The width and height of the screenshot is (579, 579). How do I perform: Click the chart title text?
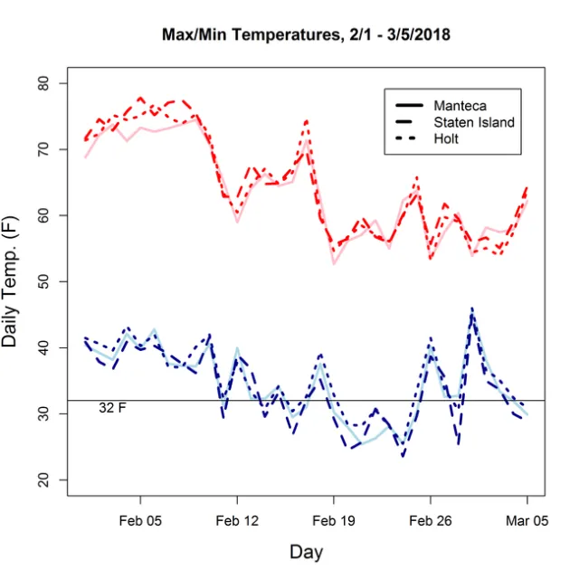[306, 35]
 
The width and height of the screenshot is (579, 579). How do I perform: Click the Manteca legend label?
[460, 106]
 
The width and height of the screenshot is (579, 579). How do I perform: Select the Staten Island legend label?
[474, 122]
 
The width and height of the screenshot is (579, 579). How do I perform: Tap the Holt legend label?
[446, 138]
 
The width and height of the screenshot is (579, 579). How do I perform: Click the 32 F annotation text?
[112, 409]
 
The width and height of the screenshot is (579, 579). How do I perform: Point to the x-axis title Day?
[306, 551]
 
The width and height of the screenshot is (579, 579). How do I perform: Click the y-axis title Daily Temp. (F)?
[15, 281]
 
